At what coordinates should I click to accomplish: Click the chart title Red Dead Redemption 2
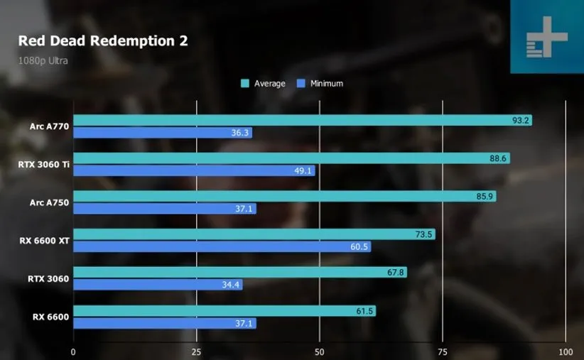pyautogui.click(x=103, y=40)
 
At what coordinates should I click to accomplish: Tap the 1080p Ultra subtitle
pyautogui.click(x=43, y=60)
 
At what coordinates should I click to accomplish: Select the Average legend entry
pyautogui.click(x=264, y=84)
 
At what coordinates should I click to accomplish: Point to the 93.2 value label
pyautogui.click(x=521, y=120)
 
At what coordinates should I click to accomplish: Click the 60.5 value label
pyautogui.click(x=359, y=246)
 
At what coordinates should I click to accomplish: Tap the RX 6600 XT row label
pyautogui.click(x=45, y=241)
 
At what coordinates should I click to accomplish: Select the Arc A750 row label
pyautogui.click(x=50, y=202)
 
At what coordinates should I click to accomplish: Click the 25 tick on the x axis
pyautogui.click(x=197, y=352)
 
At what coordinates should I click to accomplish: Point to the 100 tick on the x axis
pyautogui.click(x=566, y=352)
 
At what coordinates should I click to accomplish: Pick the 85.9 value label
pyautogui.click(x=485, y=196)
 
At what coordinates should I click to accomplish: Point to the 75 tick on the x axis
pyautogui.click(x=443, y=352)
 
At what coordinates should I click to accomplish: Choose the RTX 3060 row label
pyautogui.click(x=48, y=278)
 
